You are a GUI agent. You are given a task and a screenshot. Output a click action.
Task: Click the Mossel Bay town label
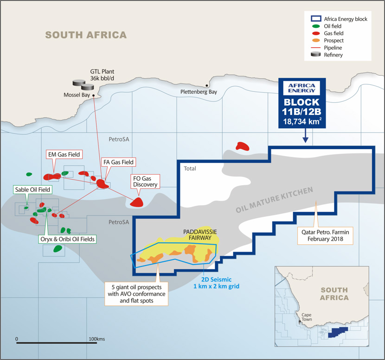[x=77, y=95]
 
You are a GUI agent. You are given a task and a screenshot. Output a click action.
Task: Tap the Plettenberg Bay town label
[x=199, y=92]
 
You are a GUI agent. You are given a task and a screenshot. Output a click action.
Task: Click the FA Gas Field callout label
[x=118, y=162]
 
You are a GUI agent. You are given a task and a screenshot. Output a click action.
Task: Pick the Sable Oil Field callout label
[x=32, y=189]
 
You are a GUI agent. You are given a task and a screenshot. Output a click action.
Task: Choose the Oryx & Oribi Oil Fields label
[x=68, y=239]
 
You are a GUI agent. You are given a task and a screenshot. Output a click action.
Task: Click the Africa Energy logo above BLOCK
[x=302, y=88]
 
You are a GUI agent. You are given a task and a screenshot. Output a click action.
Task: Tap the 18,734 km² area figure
[x=302, y=122]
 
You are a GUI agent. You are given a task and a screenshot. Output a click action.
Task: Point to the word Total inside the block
[x=190, y=169]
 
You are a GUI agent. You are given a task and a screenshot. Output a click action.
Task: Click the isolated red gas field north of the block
[x=242, y=146]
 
